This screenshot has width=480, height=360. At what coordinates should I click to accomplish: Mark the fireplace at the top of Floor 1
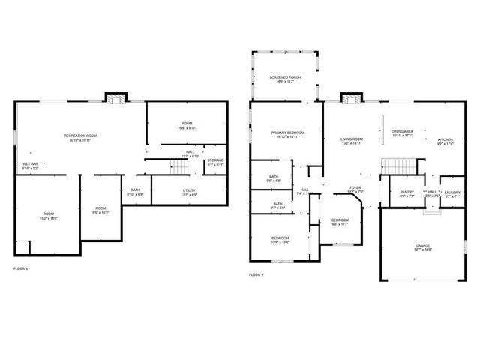115,98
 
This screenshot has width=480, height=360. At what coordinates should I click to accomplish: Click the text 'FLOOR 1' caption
21,268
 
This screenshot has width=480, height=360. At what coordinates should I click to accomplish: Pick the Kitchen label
445,141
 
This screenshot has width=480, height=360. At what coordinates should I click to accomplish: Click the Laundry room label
451,193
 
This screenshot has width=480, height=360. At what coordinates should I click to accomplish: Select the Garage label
423,247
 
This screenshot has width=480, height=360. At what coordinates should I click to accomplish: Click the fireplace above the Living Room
350,97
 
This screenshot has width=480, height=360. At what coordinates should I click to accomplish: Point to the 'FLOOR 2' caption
256,275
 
